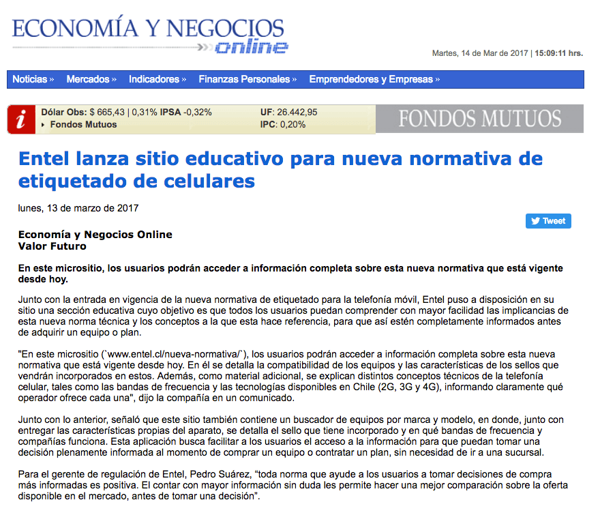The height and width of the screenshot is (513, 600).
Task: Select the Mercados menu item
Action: pyautogui.click(x=91, y=79)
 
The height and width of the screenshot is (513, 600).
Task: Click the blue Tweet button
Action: pyautogui.click(x=548, y=221)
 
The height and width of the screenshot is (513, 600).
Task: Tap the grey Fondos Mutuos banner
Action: pyautogui.click(x=479, y=119)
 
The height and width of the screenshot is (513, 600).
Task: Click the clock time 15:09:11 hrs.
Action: pyautogui.click(x=558, y=53)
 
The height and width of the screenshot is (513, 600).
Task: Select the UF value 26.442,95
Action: pyautogui.click(x=297, y=113)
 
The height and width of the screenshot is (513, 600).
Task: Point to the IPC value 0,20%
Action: pyautogui.click(x=293, y=124)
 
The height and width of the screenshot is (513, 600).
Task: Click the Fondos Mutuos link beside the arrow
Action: pyautogui.click(x=83, y=124)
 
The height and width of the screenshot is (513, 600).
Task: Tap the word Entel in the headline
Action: pyautogui.click(x=44, y=159)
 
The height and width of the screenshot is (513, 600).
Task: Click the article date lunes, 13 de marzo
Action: pyautogui.click(x=78, y=207)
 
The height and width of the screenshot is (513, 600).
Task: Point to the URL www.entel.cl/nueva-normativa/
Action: pyautogui.click(x=177, y=355)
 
